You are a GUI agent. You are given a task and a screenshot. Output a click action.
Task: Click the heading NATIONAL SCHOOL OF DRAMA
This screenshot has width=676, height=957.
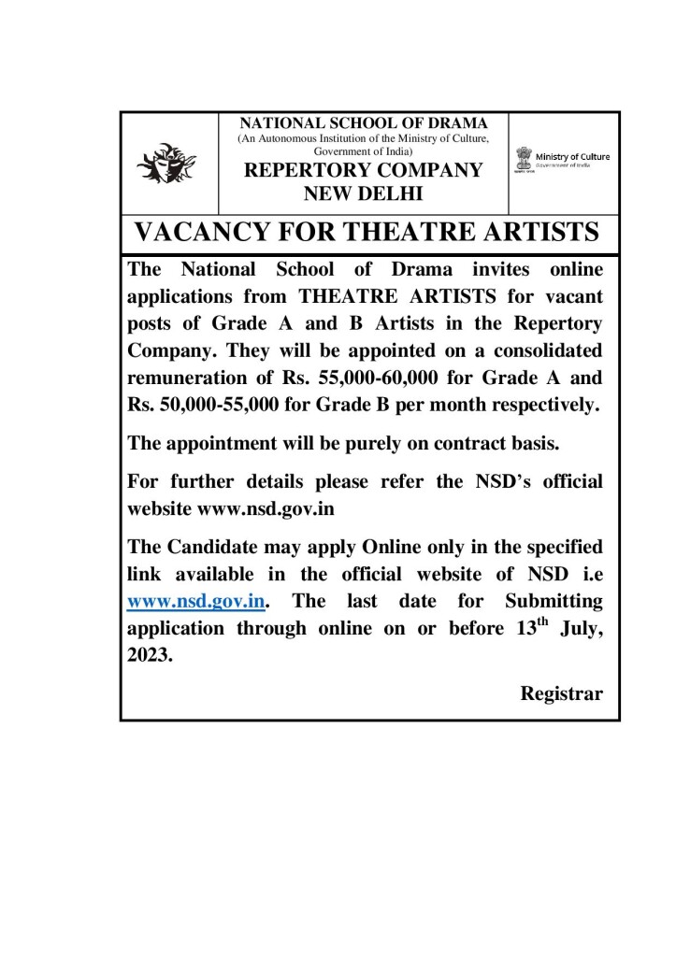(364, 124)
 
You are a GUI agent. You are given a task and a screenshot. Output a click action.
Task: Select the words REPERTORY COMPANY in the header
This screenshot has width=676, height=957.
(364, 171)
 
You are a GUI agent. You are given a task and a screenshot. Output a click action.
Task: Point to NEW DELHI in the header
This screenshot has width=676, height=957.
(364, 194)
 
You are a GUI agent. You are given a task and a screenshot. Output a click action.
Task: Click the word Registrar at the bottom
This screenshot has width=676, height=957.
(561, 693)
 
